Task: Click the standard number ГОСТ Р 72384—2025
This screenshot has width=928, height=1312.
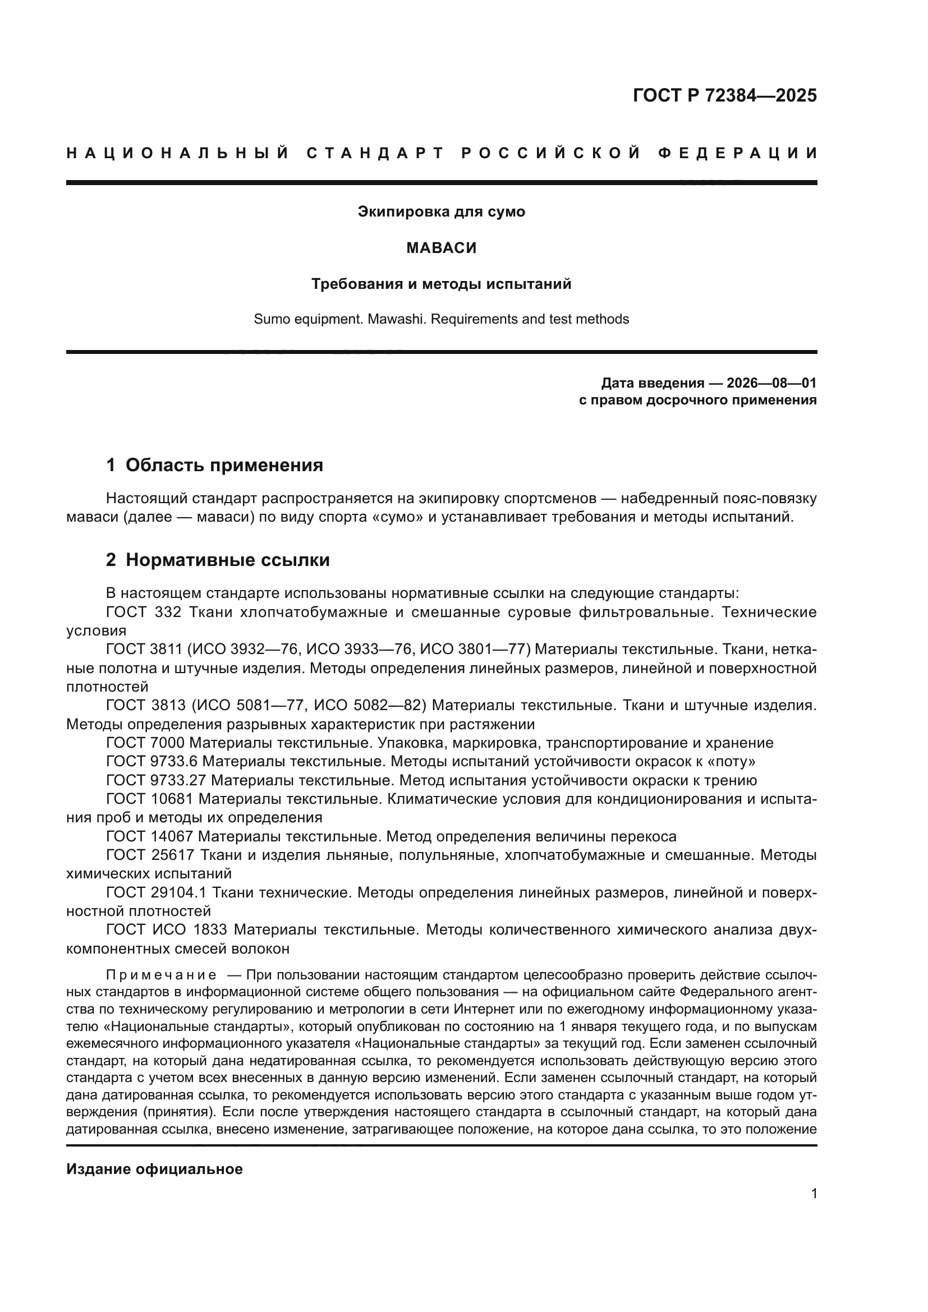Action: click(724, 95)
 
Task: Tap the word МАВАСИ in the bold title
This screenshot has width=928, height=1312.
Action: click(441, 248)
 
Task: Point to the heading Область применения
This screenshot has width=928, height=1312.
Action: click(224, 465)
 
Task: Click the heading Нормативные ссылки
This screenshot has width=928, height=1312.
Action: click(227, 560)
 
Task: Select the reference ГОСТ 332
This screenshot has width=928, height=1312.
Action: click(144, 613)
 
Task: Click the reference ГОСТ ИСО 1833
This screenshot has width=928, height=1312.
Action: click(166, 929)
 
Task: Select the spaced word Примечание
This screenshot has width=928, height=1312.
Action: click(161, 975)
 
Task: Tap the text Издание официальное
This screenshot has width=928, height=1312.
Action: click(154, 1169)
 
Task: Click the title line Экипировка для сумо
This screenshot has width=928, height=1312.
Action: click(441, 212)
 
